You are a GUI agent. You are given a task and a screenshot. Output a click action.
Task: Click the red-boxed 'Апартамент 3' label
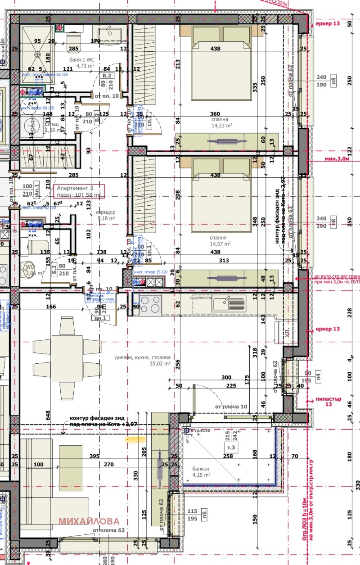[x=79, y=191]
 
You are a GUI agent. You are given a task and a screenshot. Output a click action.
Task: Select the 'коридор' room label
[x=106, y=212]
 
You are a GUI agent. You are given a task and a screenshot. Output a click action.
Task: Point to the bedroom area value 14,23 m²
[x=220, y=127]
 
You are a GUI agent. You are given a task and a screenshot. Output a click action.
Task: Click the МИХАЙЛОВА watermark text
[x=90, y=521]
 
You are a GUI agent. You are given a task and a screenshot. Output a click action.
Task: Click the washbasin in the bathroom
[x=109, y=34]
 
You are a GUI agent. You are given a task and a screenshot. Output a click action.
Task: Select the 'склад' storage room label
[x=53, y=124]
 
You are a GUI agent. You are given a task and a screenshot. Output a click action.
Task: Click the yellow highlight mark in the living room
[x=134, y=438]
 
